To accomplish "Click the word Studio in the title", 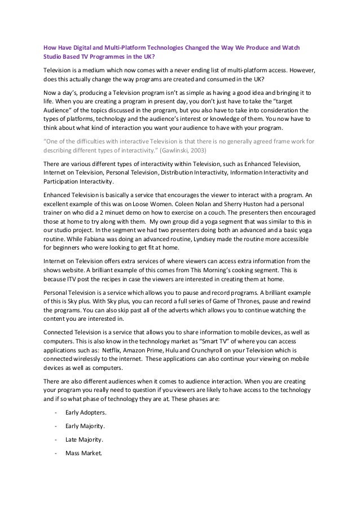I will pyautogui.click(x=54, y=56).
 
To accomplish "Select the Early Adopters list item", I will pyautogui.click(x=85, y=413).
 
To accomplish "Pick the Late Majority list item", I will pyautogui.click(x=85, y=439).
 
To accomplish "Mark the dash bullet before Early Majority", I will pyautogui.click(x=55, y=426).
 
